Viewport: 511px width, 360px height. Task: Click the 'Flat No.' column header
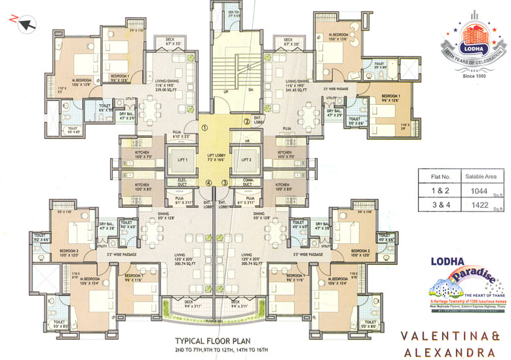tap(436, 176)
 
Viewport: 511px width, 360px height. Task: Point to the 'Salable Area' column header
tap(478, 176)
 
